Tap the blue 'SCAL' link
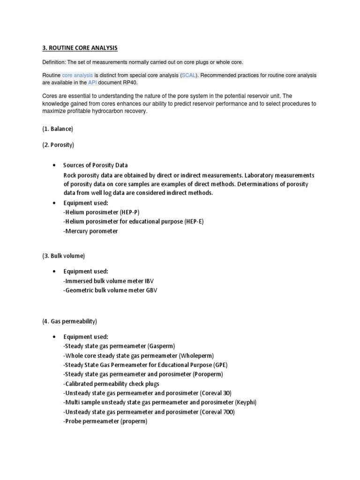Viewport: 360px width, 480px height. click(189, 75)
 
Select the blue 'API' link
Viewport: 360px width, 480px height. click(92, 82)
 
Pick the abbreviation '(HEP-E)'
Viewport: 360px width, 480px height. click(191, 221)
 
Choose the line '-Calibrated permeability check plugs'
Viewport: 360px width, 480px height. click(111, 383)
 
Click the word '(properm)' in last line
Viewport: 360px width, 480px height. click(134, 421)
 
